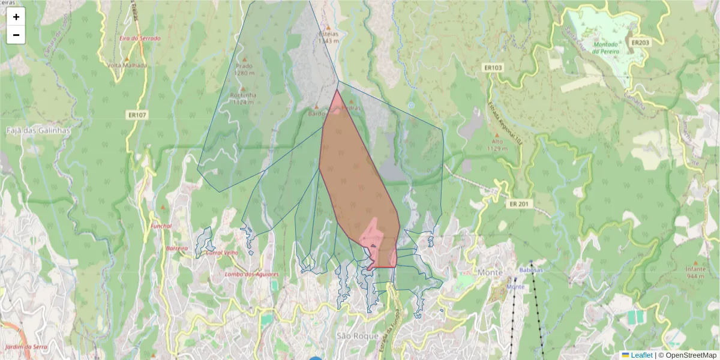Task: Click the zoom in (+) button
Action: point(16,17)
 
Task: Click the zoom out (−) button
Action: point(16,35)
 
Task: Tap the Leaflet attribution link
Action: point(641,355)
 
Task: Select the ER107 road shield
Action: point(137,114)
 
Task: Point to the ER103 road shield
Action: point(493,68)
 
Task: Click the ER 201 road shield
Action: point(519,204)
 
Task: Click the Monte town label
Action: point(490,272)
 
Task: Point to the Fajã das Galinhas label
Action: point(38,130)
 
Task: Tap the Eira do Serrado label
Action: point(140,38)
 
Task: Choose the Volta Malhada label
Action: point(127,65)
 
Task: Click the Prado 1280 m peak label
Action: point(244,69)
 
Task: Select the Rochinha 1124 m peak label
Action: point(243,98)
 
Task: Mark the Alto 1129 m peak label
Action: point(496,145)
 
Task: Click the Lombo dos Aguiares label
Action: point(251,274)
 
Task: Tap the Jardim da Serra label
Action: point(26,347)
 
